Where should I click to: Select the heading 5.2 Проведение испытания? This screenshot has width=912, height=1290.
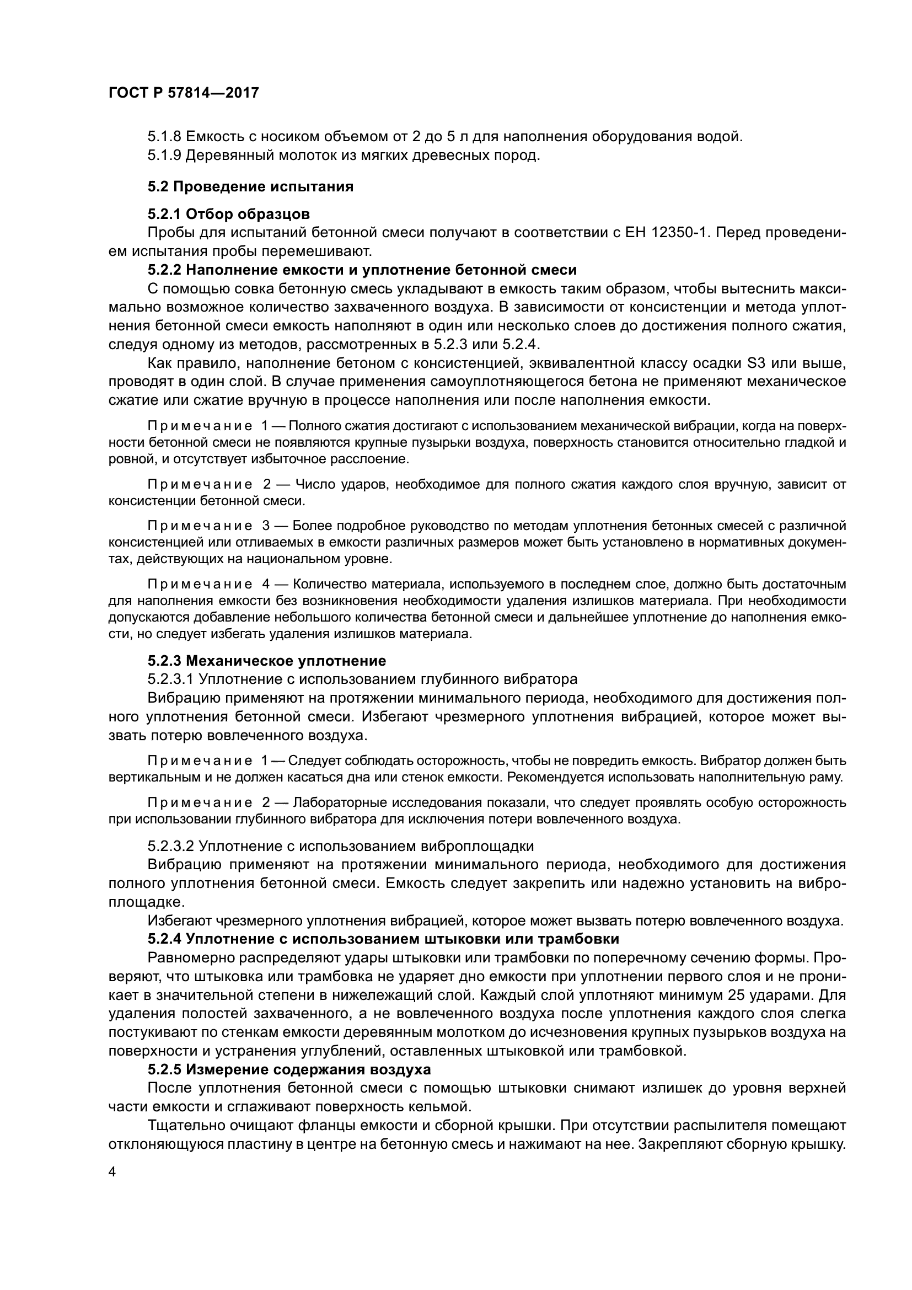[x=250, y=186]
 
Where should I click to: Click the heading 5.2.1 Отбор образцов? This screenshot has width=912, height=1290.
[x=229, y=214]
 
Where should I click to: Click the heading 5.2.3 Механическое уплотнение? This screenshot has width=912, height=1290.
[x=267, y=660]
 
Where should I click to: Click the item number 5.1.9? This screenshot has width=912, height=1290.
[x=164, y=156]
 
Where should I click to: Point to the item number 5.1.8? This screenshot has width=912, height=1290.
[x=164, y=137]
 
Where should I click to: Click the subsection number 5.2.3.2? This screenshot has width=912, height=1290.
[x=171, y=846]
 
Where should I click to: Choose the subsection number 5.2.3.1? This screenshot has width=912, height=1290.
[x=171, y=679]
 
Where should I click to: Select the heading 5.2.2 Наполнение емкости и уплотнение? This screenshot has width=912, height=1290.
[x=362, y=270]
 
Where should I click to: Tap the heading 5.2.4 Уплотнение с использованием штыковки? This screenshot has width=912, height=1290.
[x=384, y=939]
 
